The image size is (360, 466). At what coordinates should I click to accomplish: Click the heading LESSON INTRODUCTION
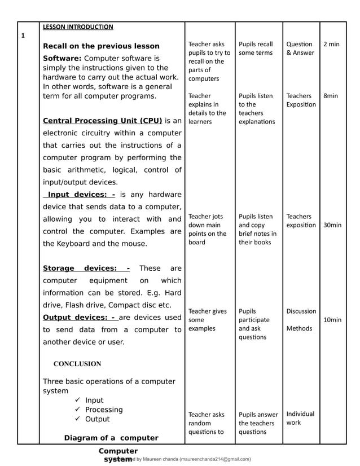[x=78, y=27]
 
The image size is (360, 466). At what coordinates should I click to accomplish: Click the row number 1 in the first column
[x=23, y=36]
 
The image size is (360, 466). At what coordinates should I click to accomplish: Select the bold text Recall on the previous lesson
[x=101, y=46]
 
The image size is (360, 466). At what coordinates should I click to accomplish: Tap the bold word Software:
[x=63, y=58]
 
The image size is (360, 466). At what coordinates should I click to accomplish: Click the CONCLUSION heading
[x=77, y=364]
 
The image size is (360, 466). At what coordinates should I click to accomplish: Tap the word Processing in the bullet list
[x=104, y=410]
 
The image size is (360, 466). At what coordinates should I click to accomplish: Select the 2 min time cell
[x=331, y=44]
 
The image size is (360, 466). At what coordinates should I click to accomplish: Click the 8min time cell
[x=331, y=96]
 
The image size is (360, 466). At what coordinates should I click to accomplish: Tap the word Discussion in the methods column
[x=301, y=311]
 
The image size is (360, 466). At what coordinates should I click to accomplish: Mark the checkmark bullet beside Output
[x=77, y=419]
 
